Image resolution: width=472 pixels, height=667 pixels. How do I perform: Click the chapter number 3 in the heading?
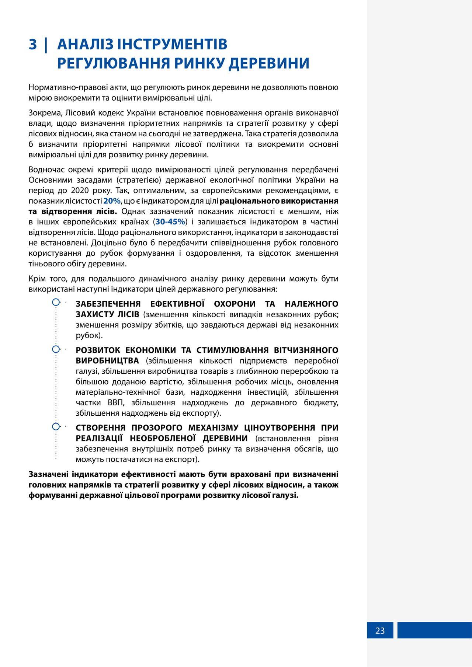(x=33, y=45)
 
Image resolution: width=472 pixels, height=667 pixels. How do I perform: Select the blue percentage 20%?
(x=112, y=201)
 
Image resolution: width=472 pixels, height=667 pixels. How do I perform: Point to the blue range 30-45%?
(x=170, y=222)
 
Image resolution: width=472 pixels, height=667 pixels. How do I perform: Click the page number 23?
(x=380, y=631)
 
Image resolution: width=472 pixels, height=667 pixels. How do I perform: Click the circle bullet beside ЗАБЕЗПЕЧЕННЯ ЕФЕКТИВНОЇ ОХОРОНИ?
(x=56, y=303)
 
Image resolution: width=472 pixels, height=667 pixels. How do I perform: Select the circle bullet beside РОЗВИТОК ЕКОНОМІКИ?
(x=56, y=349)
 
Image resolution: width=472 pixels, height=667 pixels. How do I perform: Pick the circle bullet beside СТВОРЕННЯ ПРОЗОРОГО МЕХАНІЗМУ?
(x=56, y=427)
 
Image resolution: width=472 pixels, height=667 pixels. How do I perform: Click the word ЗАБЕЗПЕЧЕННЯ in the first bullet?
(x=108, y=304)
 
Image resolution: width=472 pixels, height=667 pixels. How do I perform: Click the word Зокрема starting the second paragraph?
(x=43, y=113)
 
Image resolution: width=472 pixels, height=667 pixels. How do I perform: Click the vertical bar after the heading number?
(x=46, y=45)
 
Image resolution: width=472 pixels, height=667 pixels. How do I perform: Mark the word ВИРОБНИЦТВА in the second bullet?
(x=107, y=361)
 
